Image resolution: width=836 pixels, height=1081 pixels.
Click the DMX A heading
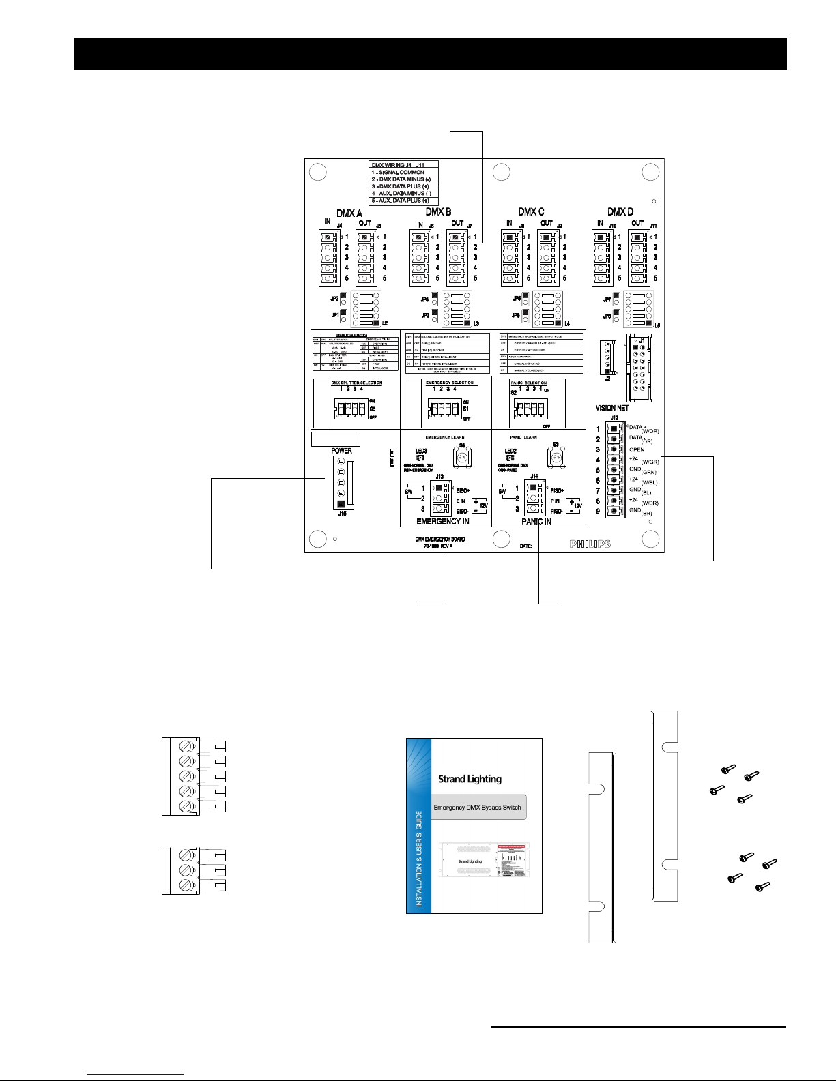click(349, 213)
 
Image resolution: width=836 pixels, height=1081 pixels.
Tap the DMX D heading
click(620, 212)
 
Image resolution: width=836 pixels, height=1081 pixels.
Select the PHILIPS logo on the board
click(590, 544)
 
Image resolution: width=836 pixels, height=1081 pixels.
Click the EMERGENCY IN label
click(443, 522)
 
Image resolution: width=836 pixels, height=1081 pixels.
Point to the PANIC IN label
click(536, 522)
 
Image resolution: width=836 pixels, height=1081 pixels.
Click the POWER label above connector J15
click(341, 451)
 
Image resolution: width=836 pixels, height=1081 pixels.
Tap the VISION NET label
click(612, 408)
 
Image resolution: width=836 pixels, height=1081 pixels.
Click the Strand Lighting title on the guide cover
click(470, 779)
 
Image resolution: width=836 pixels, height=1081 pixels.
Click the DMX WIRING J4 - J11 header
click(403, 164)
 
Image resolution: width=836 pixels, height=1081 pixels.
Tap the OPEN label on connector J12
click(637, 450)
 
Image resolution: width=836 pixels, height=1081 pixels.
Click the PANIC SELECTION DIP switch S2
click(530, 409)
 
